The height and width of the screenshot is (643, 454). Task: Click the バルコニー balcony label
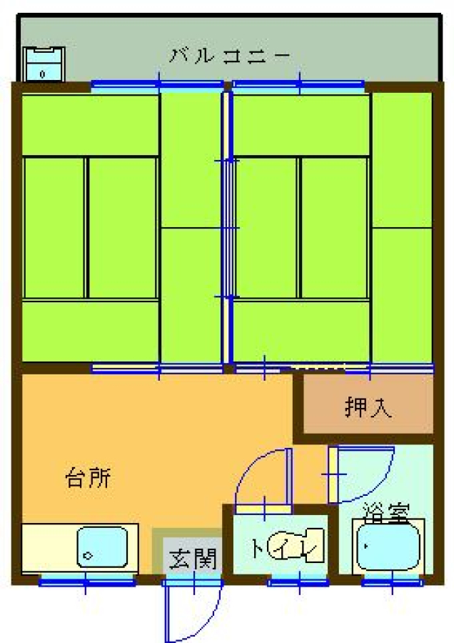(x=230, y=55)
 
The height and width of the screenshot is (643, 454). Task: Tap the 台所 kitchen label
(x=88, y=478)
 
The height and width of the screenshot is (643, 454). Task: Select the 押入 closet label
(x=368, y=407)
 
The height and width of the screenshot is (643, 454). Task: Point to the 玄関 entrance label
(x=193, y=559)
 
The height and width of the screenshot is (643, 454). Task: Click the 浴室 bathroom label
(x=386, y=512)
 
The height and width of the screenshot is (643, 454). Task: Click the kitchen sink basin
(x=102, y=547)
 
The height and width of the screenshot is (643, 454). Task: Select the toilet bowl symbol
(x=296, y=545)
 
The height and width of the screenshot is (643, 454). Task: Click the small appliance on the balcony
(x=44, y=64)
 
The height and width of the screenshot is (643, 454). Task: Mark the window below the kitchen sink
(x=87, y=581)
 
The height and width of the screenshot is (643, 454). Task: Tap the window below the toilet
(x=298, y=581)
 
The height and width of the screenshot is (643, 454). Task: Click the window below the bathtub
(x=392, y=581)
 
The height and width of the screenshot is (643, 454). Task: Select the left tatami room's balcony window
(x=158, y=85)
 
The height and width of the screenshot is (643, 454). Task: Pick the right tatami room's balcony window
(x=298, y=85)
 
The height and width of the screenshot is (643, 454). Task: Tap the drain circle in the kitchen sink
(x=87, y=556)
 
